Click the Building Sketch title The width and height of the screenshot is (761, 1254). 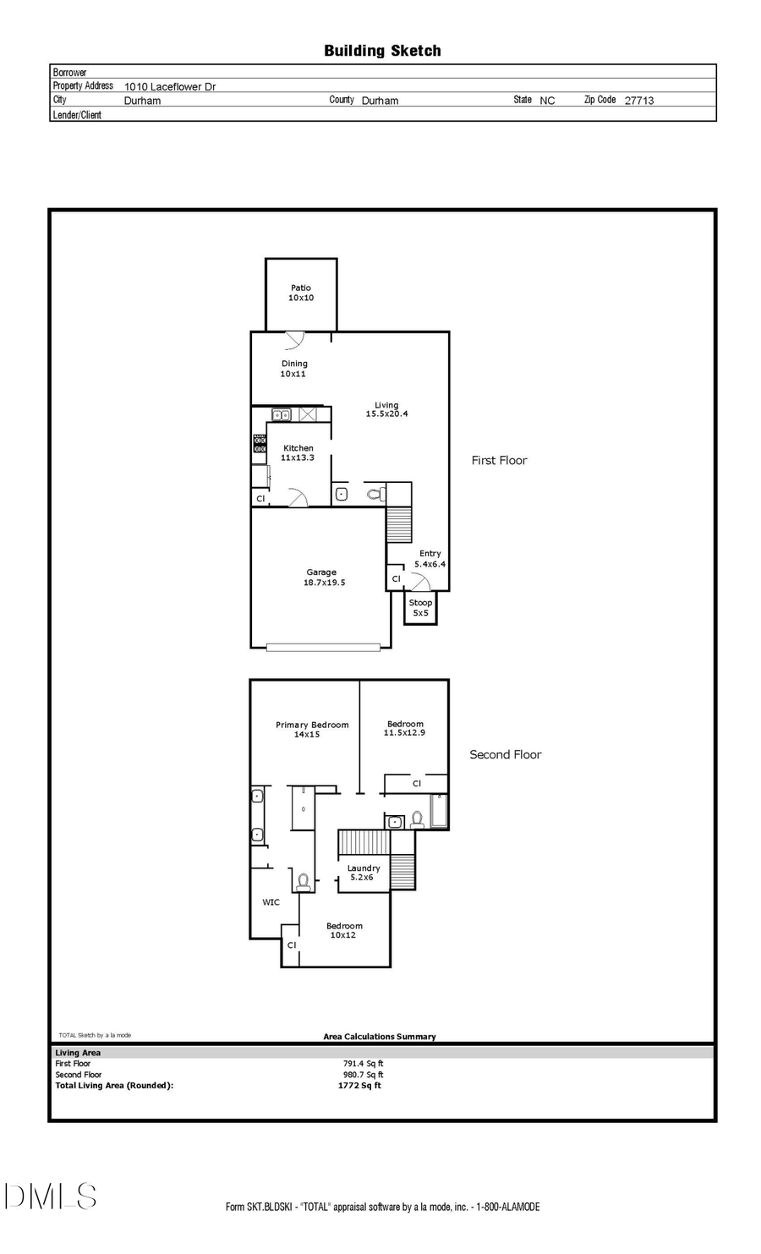382,51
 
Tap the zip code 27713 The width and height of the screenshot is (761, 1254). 638,100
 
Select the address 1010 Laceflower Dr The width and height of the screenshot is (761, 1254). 170,86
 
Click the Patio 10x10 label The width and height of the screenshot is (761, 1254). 301,293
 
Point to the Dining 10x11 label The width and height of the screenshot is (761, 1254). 293,369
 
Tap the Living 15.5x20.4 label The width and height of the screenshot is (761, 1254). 386,409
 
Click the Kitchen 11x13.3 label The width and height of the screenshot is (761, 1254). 298,453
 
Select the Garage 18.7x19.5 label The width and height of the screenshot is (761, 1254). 324,578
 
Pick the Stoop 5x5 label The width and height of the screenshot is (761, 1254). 420,608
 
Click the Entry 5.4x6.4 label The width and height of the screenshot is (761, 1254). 430,559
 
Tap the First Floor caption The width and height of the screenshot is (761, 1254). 499,461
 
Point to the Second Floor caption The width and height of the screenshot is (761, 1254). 505,754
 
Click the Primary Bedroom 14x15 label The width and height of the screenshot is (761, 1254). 311,730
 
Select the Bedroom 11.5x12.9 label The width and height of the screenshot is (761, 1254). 405,728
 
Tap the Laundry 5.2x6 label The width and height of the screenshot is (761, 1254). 363,873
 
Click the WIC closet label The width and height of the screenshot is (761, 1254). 271,902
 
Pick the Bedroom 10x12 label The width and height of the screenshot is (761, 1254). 344,930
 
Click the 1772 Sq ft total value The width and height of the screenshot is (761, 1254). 359,1086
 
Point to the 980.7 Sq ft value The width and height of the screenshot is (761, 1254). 363,1075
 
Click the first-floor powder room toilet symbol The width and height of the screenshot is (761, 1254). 375,494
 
